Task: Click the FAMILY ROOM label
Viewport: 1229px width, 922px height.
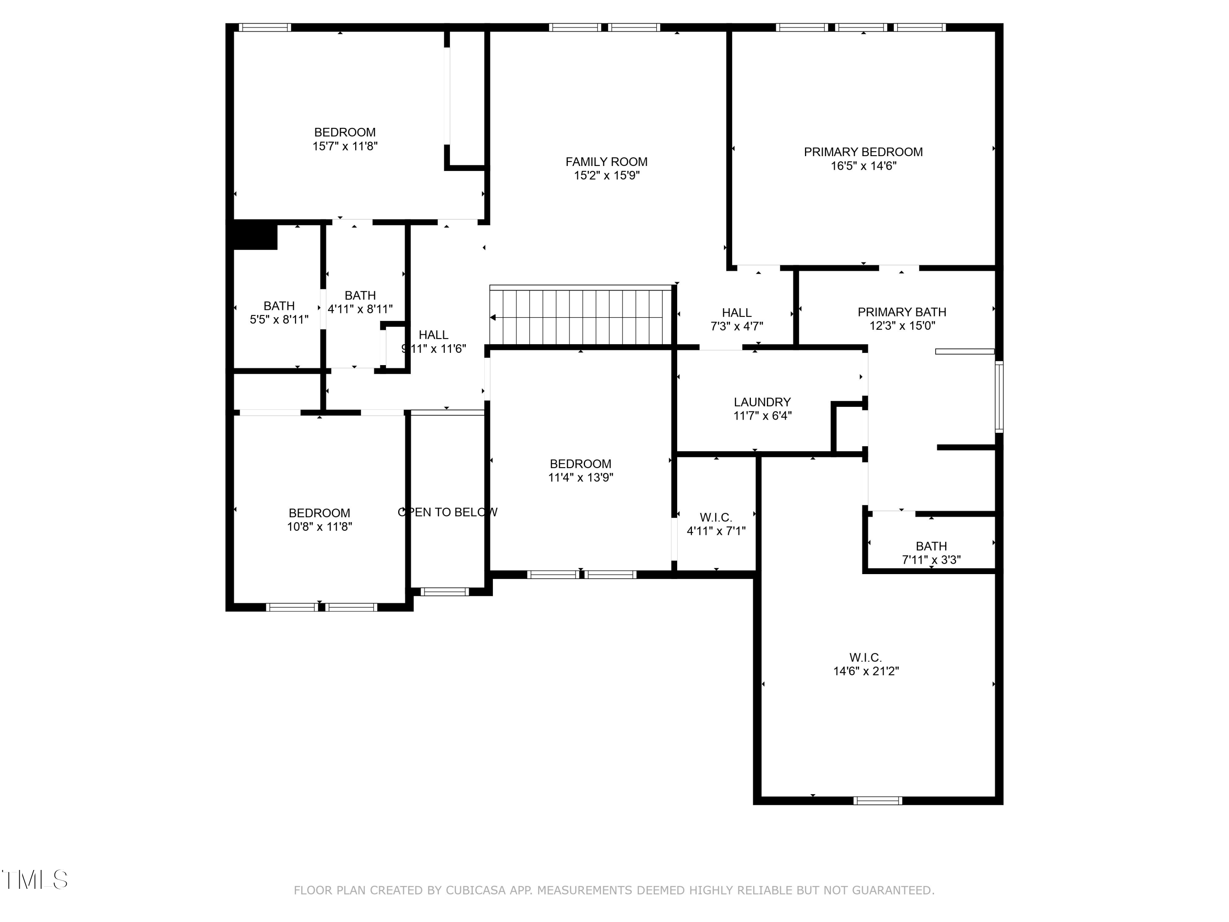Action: click(606, 162)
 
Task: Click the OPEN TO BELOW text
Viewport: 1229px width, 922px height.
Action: click(447, 512)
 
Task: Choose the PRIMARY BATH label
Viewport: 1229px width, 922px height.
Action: click(901, 312)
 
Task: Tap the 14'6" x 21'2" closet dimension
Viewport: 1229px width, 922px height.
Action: click(866, 671)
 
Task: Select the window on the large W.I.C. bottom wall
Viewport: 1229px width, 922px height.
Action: click(878, 801)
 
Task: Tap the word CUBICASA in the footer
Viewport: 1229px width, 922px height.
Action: click(475, 890)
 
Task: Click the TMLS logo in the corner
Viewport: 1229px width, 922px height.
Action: click(34, 880)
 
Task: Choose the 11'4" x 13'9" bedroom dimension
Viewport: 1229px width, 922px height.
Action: click(580, 477)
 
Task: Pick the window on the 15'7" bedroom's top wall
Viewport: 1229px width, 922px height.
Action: click(265, 27)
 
